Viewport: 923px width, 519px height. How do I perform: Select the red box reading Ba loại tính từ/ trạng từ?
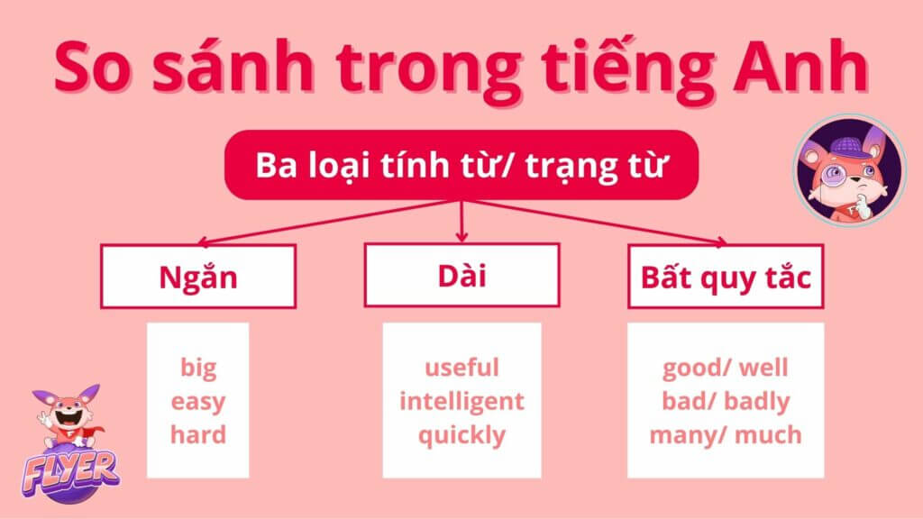pos(461,165)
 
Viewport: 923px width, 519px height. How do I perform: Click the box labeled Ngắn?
pos(198,276)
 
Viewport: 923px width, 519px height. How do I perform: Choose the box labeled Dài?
pos(462,275)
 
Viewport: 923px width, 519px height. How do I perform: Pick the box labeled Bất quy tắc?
pos(726,276)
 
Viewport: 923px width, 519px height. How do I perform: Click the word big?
pos(198,369)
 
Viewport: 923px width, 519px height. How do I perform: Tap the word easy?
pos(198,403)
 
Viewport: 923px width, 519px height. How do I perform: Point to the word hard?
pos(198,435)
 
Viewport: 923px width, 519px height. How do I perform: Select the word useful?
pos(462,368)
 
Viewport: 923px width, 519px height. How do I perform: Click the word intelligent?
pos(462,402)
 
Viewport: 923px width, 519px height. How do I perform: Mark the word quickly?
pos(462,436)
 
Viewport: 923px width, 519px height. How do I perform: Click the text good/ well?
pos(726,369)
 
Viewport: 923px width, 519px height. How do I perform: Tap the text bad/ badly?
pos(726,402)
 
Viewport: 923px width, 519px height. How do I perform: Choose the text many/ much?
pos(726,436)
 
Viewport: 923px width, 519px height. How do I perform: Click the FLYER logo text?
pos(70,470)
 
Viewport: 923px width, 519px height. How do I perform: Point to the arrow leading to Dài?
pos(462,222)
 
